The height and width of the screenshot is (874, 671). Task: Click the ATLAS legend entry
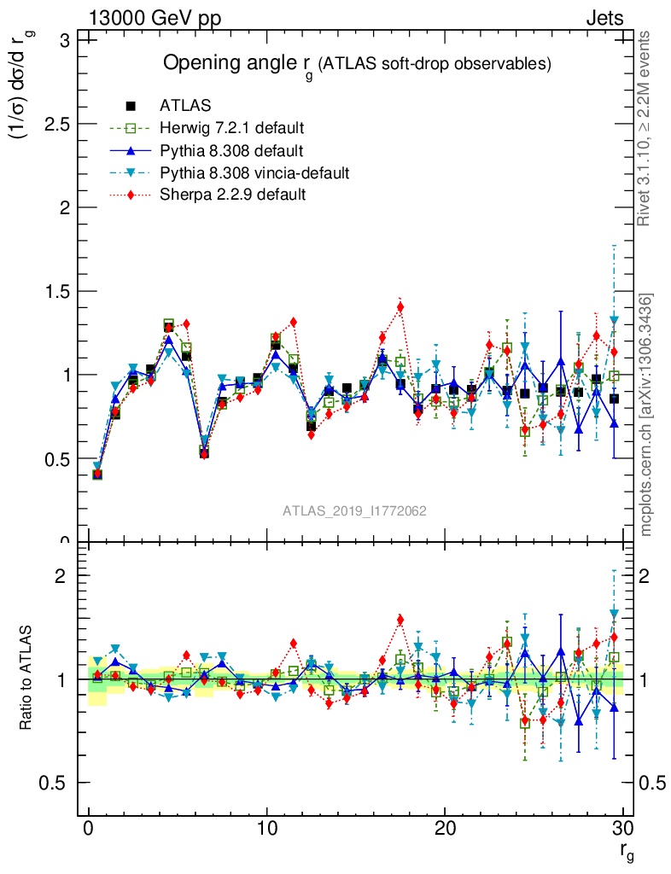pos(184,106)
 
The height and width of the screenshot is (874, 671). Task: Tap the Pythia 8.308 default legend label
pos(231,151)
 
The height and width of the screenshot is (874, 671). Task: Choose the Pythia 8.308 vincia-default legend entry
pos(254,173)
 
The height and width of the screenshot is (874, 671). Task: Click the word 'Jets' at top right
pos(604,18)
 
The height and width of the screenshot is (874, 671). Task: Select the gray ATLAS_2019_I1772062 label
pos(355,510)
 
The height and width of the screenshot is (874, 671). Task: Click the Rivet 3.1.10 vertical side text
pos(645,128)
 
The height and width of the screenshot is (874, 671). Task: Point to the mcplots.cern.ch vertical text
pos(646,415)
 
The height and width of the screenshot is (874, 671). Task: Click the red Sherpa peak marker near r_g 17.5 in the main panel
pos(400,307)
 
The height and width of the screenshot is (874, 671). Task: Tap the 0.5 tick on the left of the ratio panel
pos(56,783)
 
